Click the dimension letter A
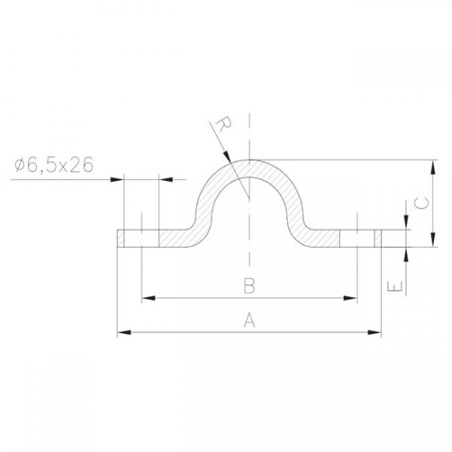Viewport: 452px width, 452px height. pos(249,321)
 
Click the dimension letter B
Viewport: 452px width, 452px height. pos(249,286)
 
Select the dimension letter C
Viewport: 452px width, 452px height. pos(421,203)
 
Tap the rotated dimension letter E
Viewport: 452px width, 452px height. pos(395,287)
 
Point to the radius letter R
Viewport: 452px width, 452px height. pos(223,124)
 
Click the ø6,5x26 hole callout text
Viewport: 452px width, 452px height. pos(54,165)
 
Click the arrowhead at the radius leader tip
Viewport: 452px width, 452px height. pos(228,156)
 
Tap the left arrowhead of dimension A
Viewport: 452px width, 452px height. pos(124,332)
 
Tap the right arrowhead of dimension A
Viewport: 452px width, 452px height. pos(374,332)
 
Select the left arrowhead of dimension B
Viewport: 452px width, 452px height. pos(148,298)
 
